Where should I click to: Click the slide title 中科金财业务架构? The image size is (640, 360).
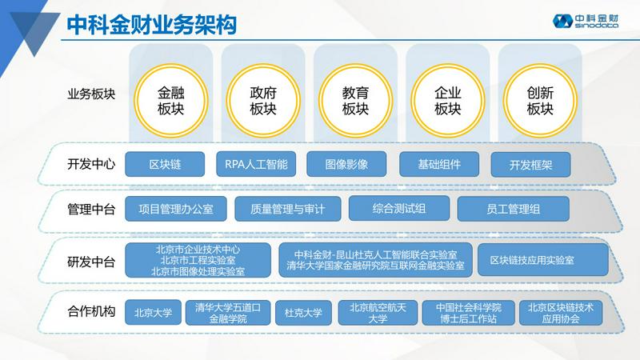[151, 25]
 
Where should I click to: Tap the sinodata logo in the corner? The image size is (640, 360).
[586, 22]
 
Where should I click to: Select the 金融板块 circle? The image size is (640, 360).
[171, 101]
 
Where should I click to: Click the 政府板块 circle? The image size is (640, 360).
[263, 101]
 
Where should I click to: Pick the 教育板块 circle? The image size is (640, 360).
[355, 101]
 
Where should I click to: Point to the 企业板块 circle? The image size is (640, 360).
[448, 101]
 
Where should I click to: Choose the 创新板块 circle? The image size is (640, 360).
[540, 101]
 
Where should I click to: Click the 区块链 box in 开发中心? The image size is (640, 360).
[165, 164]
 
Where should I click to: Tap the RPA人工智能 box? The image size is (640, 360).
[256, 164]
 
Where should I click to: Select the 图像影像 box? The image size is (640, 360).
[346, 164]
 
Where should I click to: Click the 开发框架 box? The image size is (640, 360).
[530, 165]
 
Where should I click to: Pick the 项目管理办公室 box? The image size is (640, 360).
[176, 209]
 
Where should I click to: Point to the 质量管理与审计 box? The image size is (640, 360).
[288, 209]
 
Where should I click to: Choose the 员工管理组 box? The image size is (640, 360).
[513, 209]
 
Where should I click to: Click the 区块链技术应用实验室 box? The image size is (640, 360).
[543, 260]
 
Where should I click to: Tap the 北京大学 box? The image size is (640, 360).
[153, 313]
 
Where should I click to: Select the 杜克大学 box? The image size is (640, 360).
[303, 313]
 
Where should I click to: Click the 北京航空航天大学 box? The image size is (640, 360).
[378, 313]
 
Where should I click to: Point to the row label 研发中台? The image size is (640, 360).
[91, 262]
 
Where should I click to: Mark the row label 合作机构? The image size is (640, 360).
[91, 311]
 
